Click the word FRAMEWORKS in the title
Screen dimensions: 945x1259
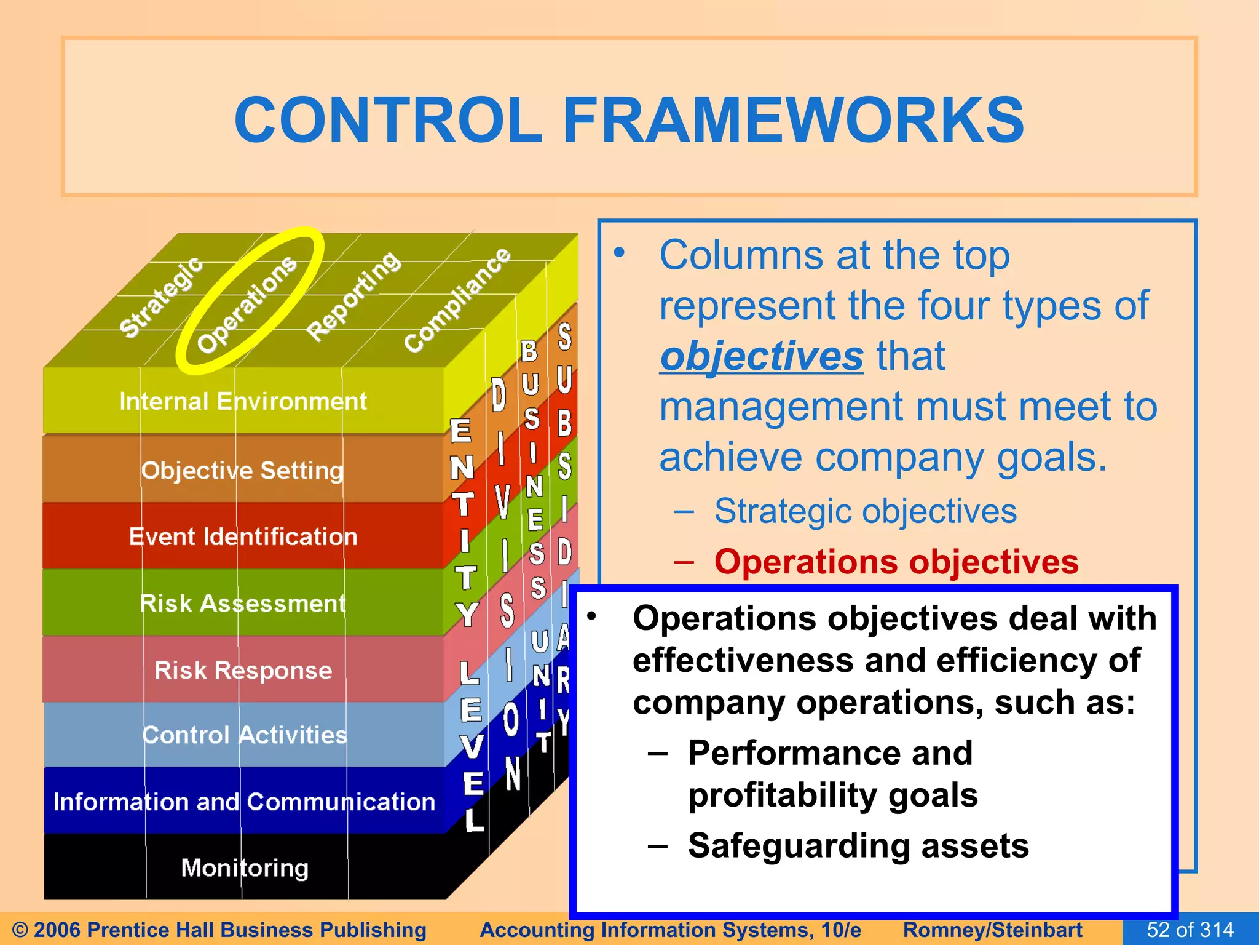793,120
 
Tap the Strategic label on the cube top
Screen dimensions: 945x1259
161,297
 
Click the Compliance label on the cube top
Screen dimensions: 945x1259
457,300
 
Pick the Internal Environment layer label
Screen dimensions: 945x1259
243,401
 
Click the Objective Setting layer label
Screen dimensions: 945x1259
243,470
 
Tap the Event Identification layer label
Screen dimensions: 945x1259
243,536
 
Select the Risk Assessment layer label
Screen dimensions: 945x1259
243,603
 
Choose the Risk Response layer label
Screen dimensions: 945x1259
243,670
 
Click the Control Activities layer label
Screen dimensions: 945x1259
244,735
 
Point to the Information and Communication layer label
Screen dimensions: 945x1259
244,802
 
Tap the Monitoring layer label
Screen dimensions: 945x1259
244,867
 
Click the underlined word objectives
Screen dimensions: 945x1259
762,356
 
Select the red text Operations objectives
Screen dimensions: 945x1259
896,562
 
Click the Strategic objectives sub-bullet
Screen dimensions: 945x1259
865,511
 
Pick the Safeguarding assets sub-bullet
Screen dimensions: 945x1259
858,845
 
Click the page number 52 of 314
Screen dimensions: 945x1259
1190,930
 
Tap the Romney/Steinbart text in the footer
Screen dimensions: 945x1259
992,930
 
